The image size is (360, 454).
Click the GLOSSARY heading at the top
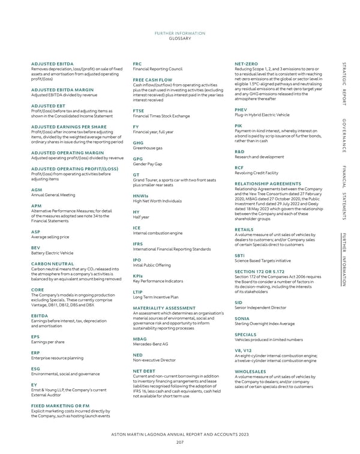pyautogui.click(x=180, y=38)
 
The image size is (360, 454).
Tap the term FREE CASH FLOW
pyautogui.click(x=152, y=80)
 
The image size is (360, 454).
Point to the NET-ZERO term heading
pyautogui.click(x=246, y=63)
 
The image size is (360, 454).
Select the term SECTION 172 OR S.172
pyautogui.click(x=260, y=272)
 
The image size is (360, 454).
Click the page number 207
pyautogui.click(x=180, y=441)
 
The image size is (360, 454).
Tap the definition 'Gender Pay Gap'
pyautogui.click(x=148, y=164)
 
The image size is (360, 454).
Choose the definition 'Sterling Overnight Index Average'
pyautogui.click(x=265, y=323)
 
